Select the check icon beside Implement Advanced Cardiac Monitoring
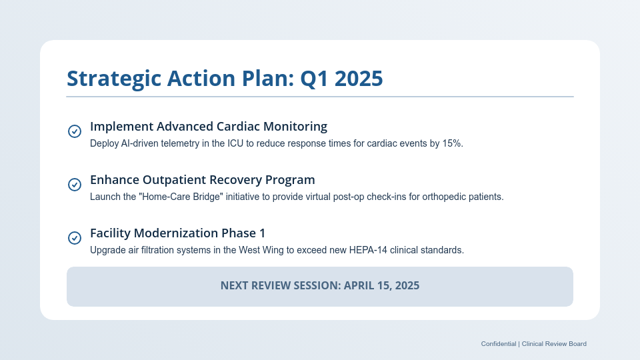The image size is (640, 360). [x=75, y=131]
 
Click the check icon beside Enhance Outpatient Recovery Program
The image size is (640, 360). [x=75, y=185]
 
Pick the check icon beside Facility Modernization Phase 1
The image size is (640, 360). [x=75, y=238]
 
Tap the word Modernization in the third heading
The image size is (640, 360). [x=175, y=233]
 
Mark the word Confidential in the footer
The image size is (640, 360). [x=498, y=344]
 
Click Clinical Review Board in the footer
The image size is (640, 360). [x=554, y=344]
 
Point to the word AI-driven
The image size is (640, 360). [x=143, y=144]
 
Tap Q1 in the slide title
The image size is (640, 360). [x=313, y=79]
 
